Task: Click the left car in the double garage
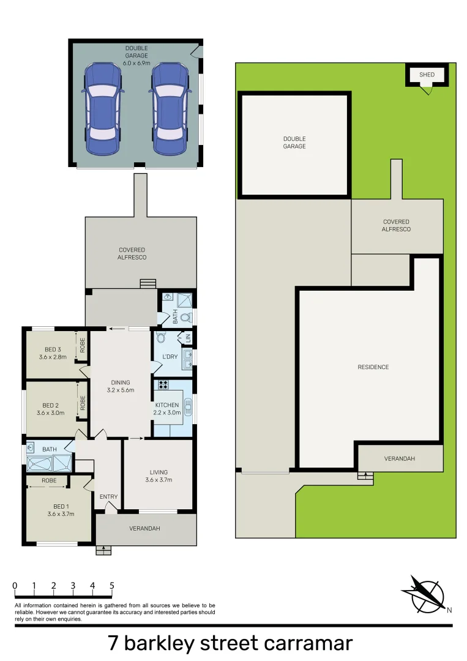click(x=102, y=109)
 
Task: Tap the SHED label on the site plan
click(x=427, y=75)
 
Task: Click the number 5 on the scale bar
click(x=111, y=586)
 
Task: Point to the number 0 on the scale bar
click(x=15, y=586)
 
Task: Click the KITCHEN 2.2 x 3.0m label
click(x=167, y=408)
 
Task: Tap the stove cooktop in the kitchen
click(x=163, y=385)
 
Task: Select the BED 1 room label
click(x=60, y=510)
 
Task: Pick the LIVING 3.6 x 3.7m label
click(x=159, y=476)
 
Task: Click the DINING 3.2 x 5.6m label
click(x=120, y=386)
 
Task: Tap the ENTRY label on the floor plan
click(x=108, y=496)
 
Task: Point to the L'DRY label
click(x=170, y=356)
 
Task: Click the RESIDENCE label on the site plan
click(x=373, y=367)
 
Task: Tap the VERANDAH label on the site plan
click(x=400, y=458)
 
